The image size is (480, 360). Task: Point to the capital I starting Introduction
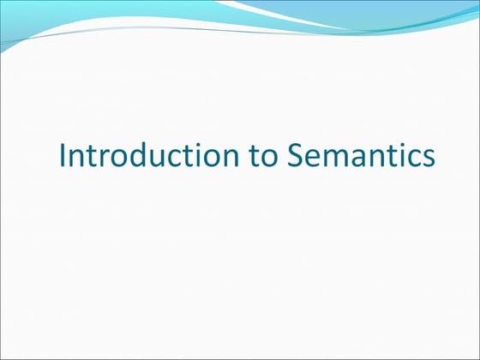tap(62, 156)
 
